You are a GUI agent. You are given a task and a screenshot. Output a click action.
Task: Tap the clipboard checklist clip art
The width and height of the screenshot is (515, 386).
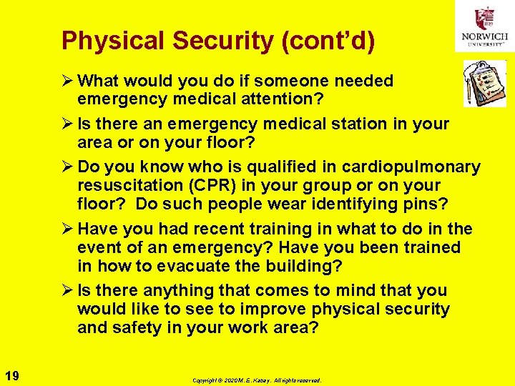(483, 83)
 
